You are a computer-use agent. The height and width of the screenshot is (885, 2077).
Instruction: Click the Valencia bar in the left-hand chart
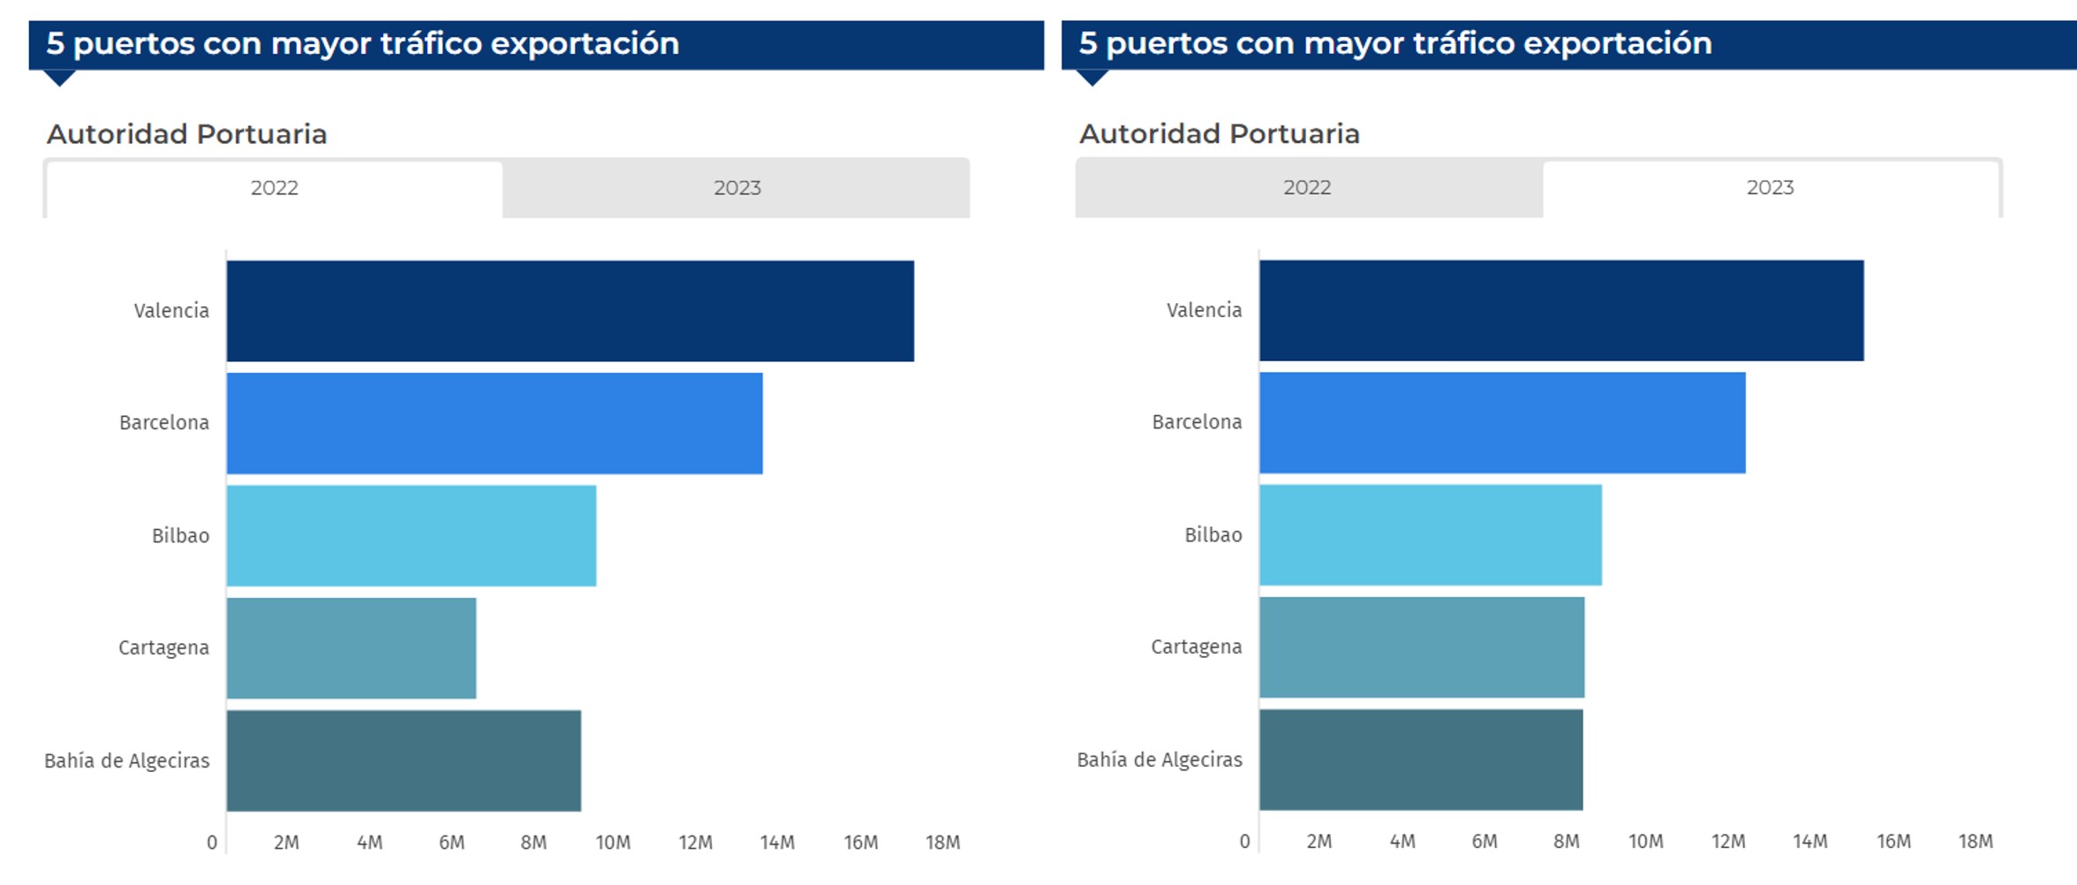click(x=570, y=311)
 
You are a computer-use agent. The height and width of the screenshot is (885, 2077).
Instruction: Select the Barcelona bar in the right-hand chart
click(x=1501, y=423)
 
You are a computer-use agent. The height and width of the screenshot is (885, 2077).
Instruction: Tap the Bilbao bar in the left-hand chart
click(x=411, y=535)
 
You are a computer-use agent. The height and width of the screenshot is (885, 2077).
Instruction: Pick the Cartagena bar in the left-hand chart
click(x=351, y=648)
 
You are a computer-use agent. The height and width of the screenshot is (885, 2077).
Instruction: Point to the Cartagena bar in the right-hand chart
click(x=1421, y=647)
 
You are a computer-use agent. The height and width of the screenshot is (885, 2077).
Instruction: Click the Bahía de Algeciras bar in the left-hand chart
click(x=404, y=760)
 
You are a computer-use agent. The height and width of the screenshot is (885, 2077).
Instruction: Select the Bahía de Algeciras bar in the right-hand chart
click(x=1420, y=760)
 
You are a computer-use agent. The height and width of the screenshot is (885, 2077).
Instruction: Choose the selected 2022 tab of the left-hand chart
click(x=275, y=188)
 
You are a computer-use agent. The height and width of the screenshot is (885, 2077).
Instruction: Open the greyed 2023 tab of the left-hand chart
click(x=736, y=188)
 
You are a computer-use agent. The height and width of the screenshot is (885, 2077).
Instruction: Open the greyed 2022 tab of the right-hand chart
click(x=1307, y=187)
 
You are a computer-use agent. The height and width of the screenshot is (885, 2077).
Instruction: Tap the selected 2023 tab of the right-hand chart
click(x=1770, y=187)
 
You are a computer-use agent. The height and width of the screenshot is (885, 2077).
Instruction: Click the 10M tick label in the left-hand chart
click(x=613, y=843)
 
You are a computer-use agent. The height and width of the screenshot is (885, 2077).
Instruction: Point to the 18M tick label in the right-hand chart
click(x=1975, y=842)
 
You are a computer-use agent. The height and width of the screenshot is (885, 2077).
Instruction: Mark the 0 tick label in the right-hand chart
click(x=1244, y=842)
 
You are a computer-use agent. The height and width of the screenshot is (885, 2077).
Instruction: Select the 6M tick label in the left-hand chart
click(x=451, y=843)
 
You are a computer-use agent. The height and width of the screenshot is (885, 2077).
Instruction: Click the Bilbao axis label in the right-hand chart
click(x=1212, y=534)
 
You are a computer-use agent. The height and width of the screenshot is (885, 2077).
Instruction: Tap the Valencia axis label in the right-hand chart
click(x=1204, y=310)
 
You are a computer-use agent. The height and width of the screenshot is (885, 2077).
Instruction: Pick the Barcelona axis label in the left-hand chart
click(x=164, y=423)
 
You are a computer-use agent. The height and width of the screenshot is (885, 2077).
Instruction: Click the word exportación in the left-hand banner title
click(x=585, y=43)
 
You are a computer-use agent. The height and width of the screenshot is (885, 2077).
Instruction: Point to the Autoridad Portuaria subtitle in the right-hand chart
click(x=1219, y=134)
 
